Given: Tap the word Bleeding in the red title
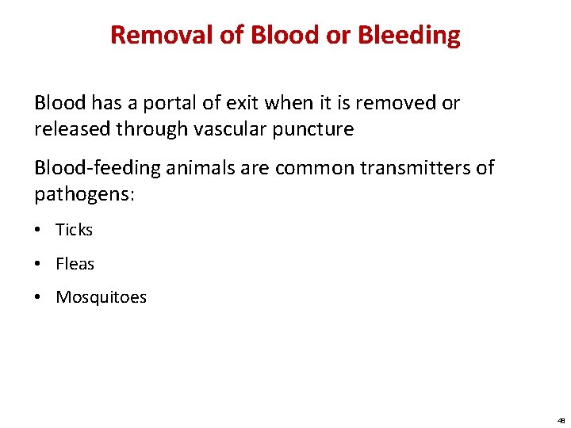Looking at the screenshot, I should (x=408, y=35).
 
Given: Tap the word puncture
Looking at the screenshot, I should (x=315, y=129).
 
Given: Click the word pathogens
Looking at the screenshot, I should (x=82, y=194).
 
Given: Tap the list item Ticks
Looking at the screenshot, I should (x=74, y=230).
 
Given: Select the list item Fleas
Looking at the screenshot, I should (x=75, y=264).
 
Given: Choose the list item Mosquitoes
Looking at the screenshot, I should (x=101, y=297).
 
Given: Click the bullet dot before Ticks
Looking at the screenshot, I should (x=39, y=231).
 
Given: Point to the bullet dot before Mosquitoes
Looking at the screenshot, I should (x=39, y=298).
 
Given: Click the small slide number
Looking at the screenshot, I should (x=560, y=421).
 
